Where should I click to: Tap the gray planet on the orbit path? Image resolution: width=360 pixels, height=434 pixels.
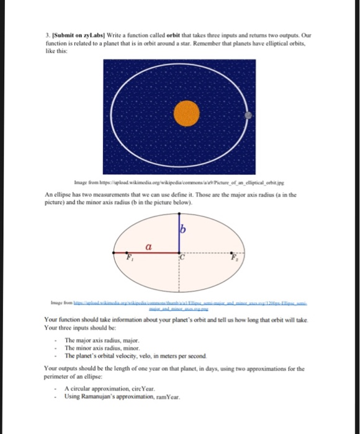[248, 115]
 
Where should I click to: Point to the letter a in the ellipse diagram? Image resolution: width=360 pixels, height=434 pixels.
[150, 247]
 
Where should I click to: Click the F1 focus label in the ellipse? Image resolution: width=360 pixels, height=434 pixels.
[130, 257]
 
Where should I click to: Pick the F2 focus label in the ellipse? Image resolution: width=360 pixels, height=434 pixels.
[233, 257]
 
